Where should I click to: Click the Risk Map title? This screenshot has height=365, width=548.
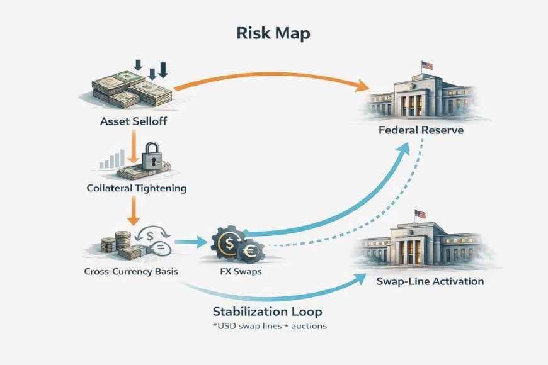click(273, 33)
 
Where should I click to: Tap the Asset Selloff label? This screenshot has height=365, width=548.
click(134, 121)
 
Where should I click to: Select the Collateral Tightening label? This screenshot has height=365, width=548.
click(136, 188)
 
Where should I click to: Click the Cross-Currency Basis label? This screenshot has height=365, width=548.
click(131, 271)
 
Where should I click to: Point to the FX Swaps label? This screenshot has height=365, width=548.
click(241, 271)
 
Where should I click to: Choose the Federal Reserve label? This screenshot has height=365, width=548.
click(421, 130)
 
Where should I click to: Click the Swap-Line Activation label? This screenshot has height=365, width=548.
click(430, 281)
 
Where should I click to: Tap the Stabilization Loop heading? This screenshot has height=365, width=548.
click(267, 312)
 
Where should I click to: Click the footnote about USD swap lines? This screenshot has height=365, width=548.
click(270, 326)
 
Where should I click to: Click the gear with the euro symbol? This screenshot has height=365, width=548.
click(250, 251)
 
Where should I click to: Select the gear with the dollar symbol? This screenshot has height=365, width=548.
click(229, 243)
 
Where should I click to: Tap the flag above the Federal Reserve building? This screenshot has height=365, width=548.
click(426, 65)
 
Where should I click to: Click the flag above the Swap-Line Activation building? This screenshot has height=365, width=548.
click(420, 214)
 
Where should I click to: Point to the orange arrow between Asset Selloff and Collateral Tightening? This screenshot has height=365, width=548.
click(134, 147)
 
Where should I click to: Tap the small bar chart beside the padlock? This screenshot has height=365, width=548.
click(112, 159)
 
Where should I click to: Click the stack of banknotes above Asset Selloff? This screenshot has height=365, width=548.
click(133, 89)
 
